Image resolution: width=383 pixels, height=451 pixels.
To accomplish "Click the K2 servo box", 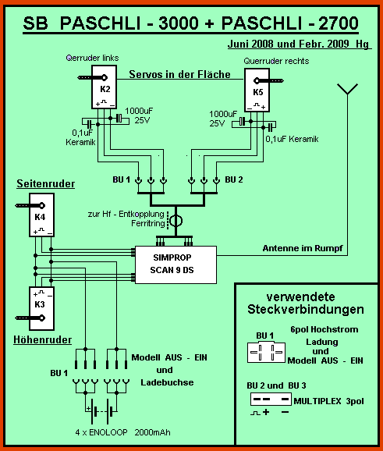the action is click(104, 87).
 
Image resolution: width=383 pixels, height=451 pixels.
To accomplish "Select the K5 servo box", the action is click(257, 90).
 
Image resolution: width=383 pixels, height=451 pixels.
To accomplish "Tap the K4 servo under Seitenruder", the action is click(41, 215).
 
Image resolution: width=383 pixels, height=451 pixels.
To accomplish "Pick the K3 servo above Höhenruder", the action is click(41, 308).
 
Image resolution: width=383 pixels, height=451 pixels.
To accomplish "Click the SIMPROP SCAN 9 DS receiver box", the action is click(176, 265).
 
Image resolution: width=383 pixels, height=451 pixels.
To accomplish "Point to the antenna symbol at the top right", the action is click(348, 89).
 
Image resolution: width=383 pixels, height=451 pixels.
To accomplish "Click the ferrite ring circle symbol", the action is click(176, 221).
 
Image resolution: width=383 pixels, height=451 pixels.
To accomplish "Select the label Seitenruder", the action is click(46, 183).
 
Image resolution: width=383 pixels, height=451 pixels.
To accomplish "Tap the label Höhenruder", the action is click(43, 339).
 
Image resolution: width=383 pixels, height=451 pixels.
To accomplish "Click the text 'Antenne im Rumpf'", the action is click(303, 248).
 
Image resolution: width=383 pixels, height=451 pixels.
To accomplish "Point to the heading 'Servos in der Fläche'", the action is click(179, 74).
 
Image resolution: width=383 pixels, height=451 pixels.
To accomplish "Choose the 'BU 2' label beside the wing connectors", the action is click(234, 179).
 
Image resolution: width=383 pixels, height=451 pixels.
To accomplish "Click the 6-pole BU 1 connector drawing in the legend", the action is click(266, 352).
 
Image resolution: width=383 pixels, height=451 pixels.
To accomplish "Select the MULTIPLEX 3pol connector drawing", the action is click(271, 400).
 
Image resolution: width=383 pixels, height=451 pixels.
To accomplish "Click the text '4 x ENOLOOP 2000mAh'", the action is click(122, 432).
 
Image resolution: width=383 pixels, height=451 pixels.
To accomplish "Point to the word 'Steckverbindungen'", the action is click(306, 310).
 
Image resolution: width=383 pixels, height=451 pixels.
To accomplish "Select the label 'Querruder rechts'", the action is click(276, 61).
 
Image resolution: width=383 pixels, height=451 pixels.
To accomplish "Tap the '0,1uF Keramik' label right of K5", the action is click(293, 139).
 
